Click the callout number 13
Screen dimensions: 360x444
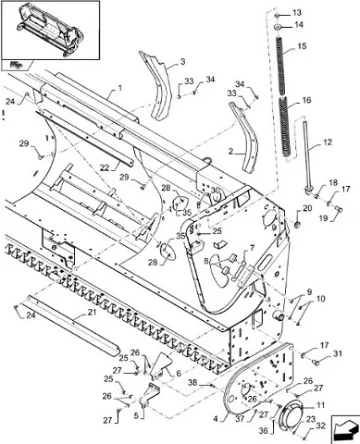coord(297,13)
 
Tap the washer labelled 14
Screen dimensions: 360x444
coord(278,27)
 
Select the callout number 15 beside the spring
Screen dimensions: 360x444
coord(302,46)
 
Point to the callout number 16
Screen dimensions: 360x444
coord(307,100)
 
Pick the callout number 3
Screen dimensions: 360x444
coord(183,62)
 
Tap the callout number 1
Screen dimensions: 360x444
coord(119,89)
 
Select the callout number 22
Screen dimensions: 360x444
coord(106,166)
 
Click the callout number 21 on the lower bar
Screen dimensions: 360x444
coord(92,313)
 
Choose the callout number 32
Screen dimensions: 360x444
coord(321,426)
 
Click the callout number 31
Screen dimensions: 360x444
coord(338,354)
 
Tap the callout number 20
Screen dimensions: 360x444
coord(307,209)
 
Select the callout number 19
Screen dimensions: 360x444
coord(323,218)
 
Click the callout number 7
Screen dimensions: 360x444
coord(252,248)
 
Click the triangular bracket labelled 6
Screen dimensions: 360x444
coord(160,365)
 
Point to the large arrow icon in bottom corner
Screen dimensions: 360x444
coord(344,427)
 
